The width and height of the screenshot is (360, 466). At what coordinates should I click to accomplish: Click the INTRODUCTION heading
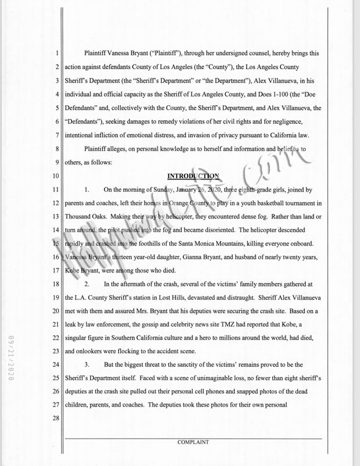point(193,175)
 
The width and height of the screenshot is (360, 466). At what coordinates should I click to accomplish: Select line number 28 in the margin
point(56,418)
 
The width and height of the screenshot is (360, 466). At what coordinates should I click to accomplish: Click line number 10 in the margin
point(56,175)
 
